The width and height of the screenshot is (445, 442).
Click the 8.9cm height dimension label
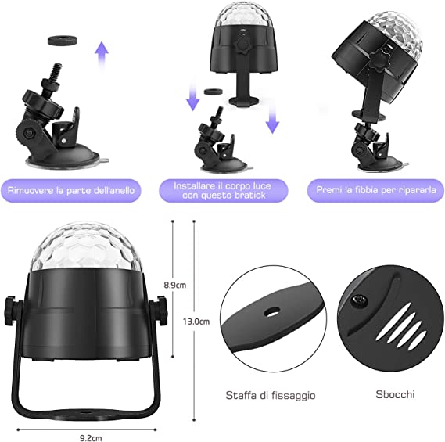pos(175,285)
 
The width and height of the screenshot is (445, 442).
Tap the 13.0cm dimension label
pos(196,322)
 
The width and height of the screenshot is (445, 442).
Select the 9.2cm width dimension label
pos(91,438)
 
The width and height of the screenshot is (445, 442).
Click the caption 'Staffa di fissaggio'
pos(271,395)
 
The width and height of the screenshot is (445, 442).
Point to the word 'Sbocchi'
pos(395,394)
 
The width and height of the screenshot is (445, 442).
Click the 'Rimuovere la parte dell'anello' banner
pos(70,190)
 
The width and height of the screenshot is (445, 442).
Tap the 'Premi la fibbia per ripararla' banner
pos(375,190)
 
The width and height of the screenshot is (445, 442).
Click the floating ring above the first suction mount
pos(63,40)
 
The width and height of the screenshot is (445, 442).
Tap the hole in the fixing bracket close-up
pos(271,312)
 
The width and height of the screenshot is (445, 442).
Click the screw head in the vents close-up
pos(360,300)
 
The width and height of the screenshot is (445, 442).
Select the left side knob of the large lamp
pos(13,311)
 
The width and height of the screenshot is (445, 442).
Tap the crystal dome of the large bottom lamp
pos(85,247)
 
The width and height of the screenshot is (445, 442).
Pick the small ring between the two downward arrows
pos(214,92)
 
